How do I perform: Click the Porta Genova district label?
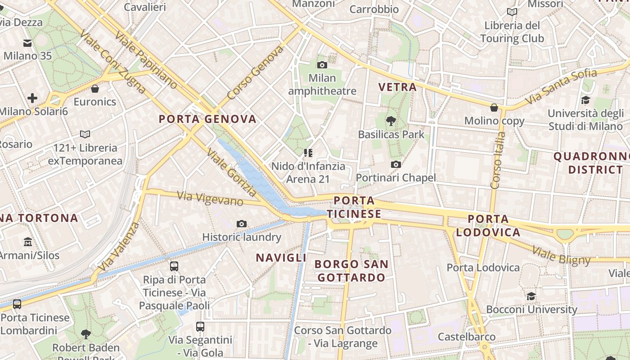pyautogui.click(x=207, y=119)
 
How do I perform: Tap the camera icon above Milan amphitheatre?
pyautogui.click(x=322, y=65)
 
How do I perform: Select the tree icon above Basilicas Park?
pyautogui.click(x=391, y=121)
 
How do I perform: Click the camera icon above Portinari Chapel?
pyautogui.click(x=396, y=165)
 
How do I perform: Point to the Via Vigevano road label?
pyautogui.click(x=210, y=198)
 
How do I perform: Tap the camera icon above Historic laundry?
pyautogui.click(x=242, y=224)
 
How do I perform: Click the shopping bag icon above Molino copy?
pyautogui.click(x=494, y=108)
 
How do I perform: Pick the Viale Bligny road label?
pyautogui.click(x=561, y=256)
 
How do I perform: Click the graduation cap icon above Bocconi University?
pyautogui.click(x=531, y=296)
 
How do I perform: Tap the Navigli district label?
pyautogui.click(x=281, y=258)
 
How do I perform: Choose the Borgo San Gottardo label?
pyautogui.click(x=351, y=270)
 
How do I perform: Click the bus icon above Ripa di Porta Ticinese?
pyautogui.click(x=174, y=266)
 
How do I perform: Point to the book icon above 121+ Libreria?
pyautogui.click(x=85, y=134)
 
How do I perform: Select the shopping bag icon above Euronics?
pyautogui.click(x=95, y=89)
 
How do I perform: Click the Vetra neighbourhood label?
pyautogui.click(x=397, y=87)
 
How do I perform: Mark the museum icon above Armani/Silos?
pyautogui.click(x=28, y=242)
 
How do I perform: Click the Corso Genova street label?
pyautogui.click(x=255, y=72)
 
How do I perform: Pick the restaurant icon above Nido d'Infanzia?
pyautogui.click(x=308, y=153)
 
